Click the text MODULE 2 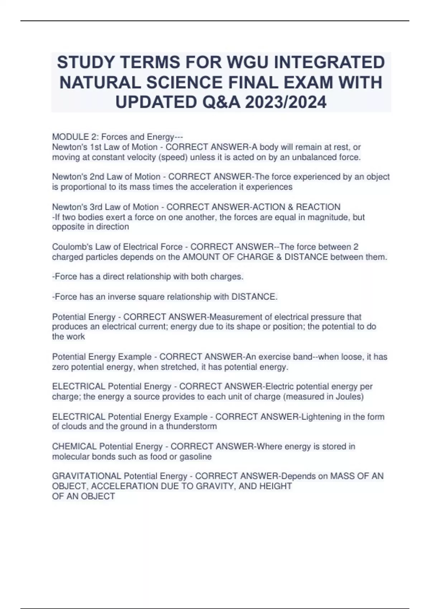pyautogui.click(x=76, y=137)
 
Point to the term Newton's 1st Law pyautogui.click(x=93, y=147)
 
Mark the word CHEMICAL pyautogui.click(x=74, y=446)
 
